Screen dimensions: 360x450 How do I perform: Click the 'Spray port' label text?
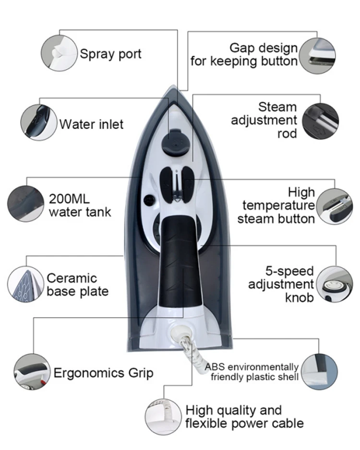pos(110,53)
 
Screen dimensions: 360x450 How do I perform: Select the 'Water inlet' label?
pos(91,124)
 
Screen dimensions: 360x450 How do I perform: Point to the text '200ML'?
pos(69,199)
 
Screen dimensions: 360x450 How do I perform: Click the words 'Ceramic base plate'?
pos(77,284)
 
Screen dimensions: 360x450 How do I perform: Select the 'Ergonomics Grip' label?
pos(103,373)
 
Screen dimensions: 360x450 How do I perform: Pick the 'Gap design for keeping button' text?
pos(244,55)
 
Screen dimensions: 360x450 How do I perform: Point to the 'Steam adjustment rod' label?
pos(264,120)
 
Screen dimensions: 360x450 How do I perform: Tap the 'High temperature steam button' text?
pos(279,205)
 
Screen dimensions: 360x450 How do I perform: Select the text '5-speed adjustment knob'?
pos(281,284)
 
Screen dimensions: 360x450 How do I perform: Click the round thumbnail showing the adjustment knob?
pos(334,284)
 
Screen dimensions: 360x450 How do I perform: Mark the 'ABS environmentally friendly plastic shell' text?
pos(252,372)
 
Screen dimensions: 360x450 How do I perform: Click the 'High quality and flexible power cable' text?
pos(244,417)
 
